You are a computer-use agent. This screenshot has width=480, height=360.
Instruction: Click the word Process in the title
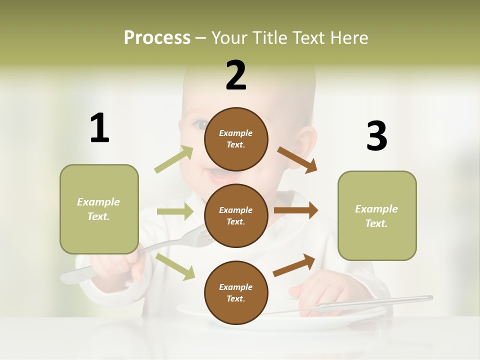(x=157, y=37)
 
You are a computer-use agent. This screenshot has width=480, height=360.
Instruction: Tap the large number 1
(x=99, y=128)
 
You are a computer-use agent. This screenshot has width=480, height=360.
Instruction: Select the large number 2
(x=236, y=75)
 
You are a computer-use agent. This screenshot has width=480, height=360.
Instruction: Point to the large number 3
(x=377, y=136)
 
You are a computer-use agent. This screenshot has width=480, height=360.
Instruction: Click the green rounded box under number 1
(x=99, y=209)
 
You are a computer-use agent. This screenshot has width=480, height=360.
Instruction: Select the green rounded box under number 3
(x=377, y=215)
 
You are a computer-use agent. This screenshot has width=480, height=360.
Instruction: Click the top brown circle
(x=236, y=139)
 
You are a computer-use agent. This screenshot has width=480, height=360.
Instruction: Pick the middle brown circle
(x=236, y=215)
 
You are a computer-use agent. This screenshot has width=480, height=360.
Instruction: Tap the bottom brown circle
(x=236, y=292)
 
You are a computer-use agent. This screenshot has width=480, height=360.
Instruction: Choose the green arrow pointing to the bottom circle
(x=175, y=266)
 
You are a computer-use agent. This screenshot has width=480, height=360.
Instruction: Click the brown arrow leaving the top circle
(x=297, y=159)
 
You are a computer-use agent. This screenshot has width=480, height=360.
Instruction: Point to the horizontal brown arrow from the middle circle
(x=295, y=210)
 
